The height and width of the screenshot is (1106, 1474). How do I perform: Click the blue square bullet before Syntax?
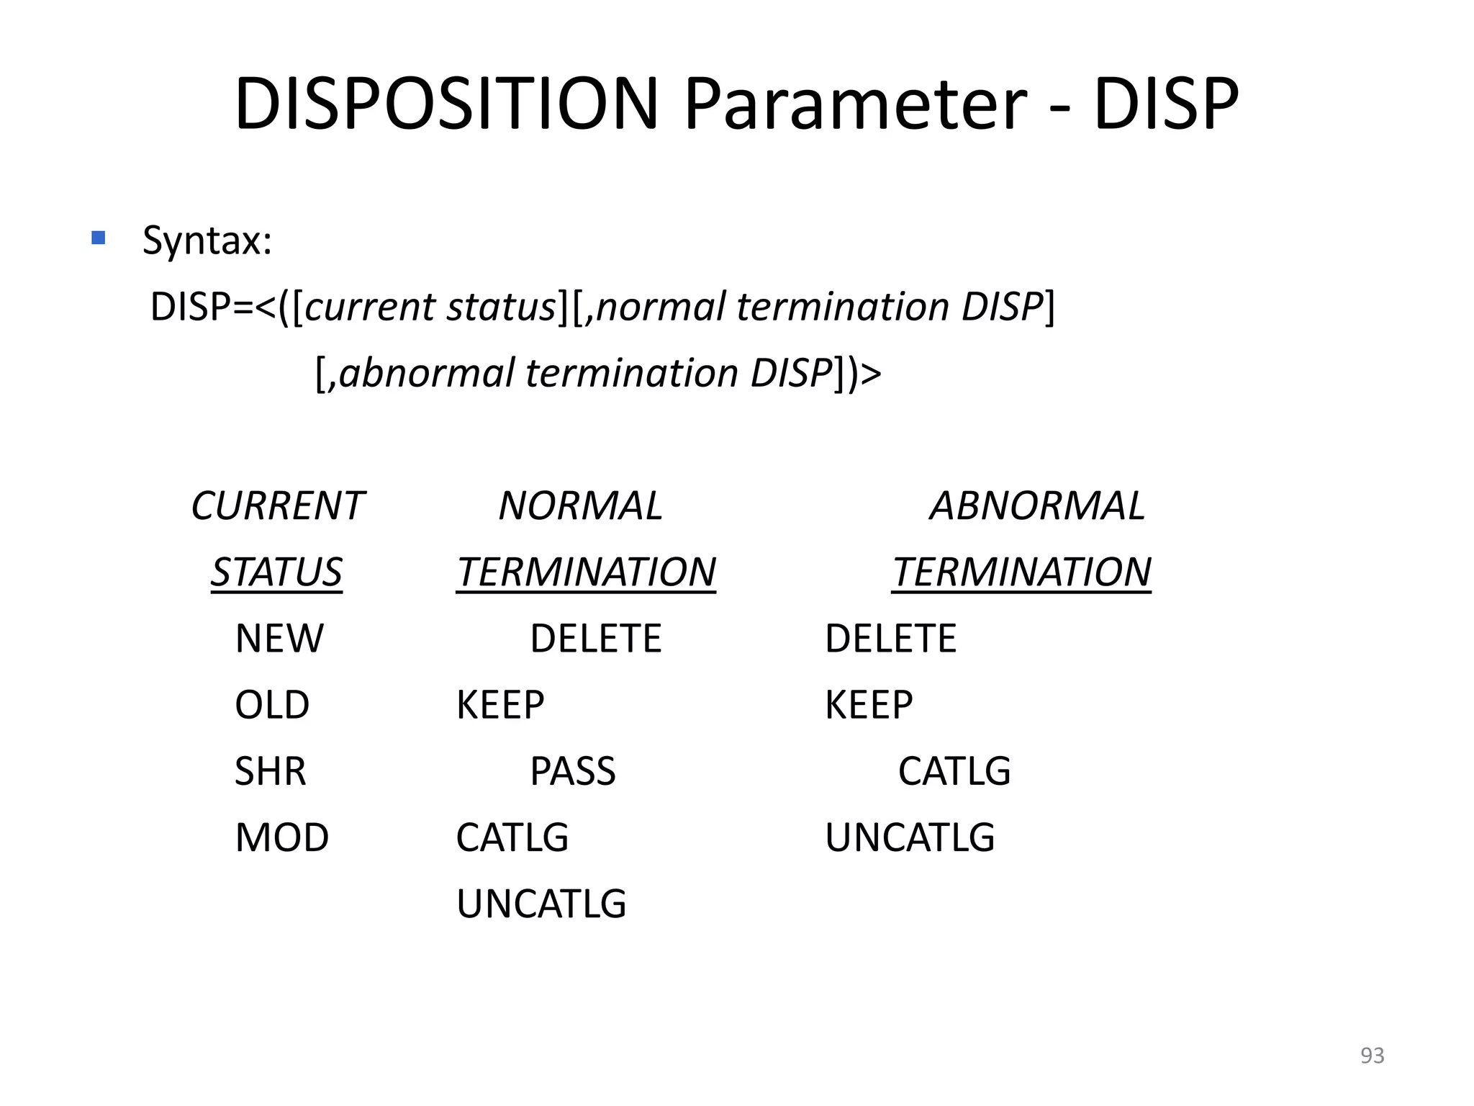point(99,237)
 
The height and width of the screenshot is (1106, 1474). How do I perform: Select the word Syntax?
point(207,240)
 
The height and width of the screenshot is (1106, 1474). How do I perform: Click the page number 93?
point(1372,1055)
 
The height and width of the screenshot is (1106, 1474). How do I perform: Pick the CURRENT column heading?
point(277,505)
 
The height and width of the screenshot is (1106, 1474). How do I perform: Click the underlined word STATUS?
point(276,572)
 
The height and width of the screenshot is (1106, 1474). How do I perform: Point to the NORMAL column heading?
point(580,505)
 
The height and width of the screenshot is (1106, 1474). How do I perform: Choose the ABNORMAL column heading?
point(1037,505)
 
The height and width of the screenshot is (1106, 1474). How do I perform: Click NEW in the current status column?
point(279,638)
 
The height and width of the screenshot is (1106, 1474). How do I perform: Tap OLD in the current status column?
point(272,704)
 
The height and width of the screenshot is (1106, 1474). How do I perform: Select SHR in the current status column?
point(271,770)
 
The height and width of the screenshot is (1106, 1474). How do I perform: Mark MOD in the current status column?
point(282,837)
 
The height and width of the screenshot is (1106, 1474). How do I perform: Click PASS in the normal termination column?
point(573,770)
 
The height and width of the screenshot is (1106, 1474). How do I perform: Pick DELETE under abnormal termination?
point(890,638)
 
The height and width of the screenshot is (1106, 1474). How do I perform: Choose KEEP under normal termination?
point(500,704)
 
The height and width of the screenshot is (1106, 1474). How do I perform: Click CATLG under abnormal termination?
point(954,770)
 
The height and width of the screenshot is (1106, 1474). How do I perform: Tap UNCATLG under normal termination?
point(541,903)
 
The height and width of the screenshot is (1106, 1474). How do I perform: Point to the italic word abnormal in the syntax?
point(427,373)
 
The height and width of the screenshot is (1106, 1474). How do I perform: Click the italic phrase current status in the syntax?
point(430,307)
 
